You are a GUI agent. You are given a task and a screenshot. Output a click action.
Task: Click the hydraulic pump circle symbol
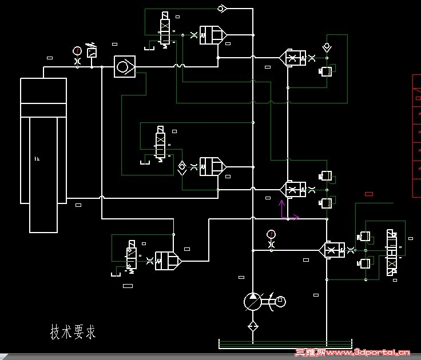coord(252,301)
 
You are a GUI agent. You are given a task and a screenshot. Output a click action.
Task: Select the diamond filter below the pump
coord(252,326)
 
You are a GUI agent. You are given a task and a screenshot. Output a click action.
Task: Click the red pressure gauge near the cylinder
coord(77,50)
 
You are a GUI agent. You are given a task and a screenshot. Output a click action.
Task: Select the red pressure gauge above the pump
coord(271,234)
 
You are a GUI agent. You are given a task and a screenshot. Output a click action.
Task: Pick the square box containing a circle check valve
coord(124,67)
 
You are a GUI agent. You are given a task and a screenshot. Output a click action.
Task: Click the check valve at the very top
coord(223,8)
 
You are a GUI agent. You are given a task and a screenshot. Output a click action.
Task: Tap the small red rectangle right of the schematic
coord(369,194)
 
